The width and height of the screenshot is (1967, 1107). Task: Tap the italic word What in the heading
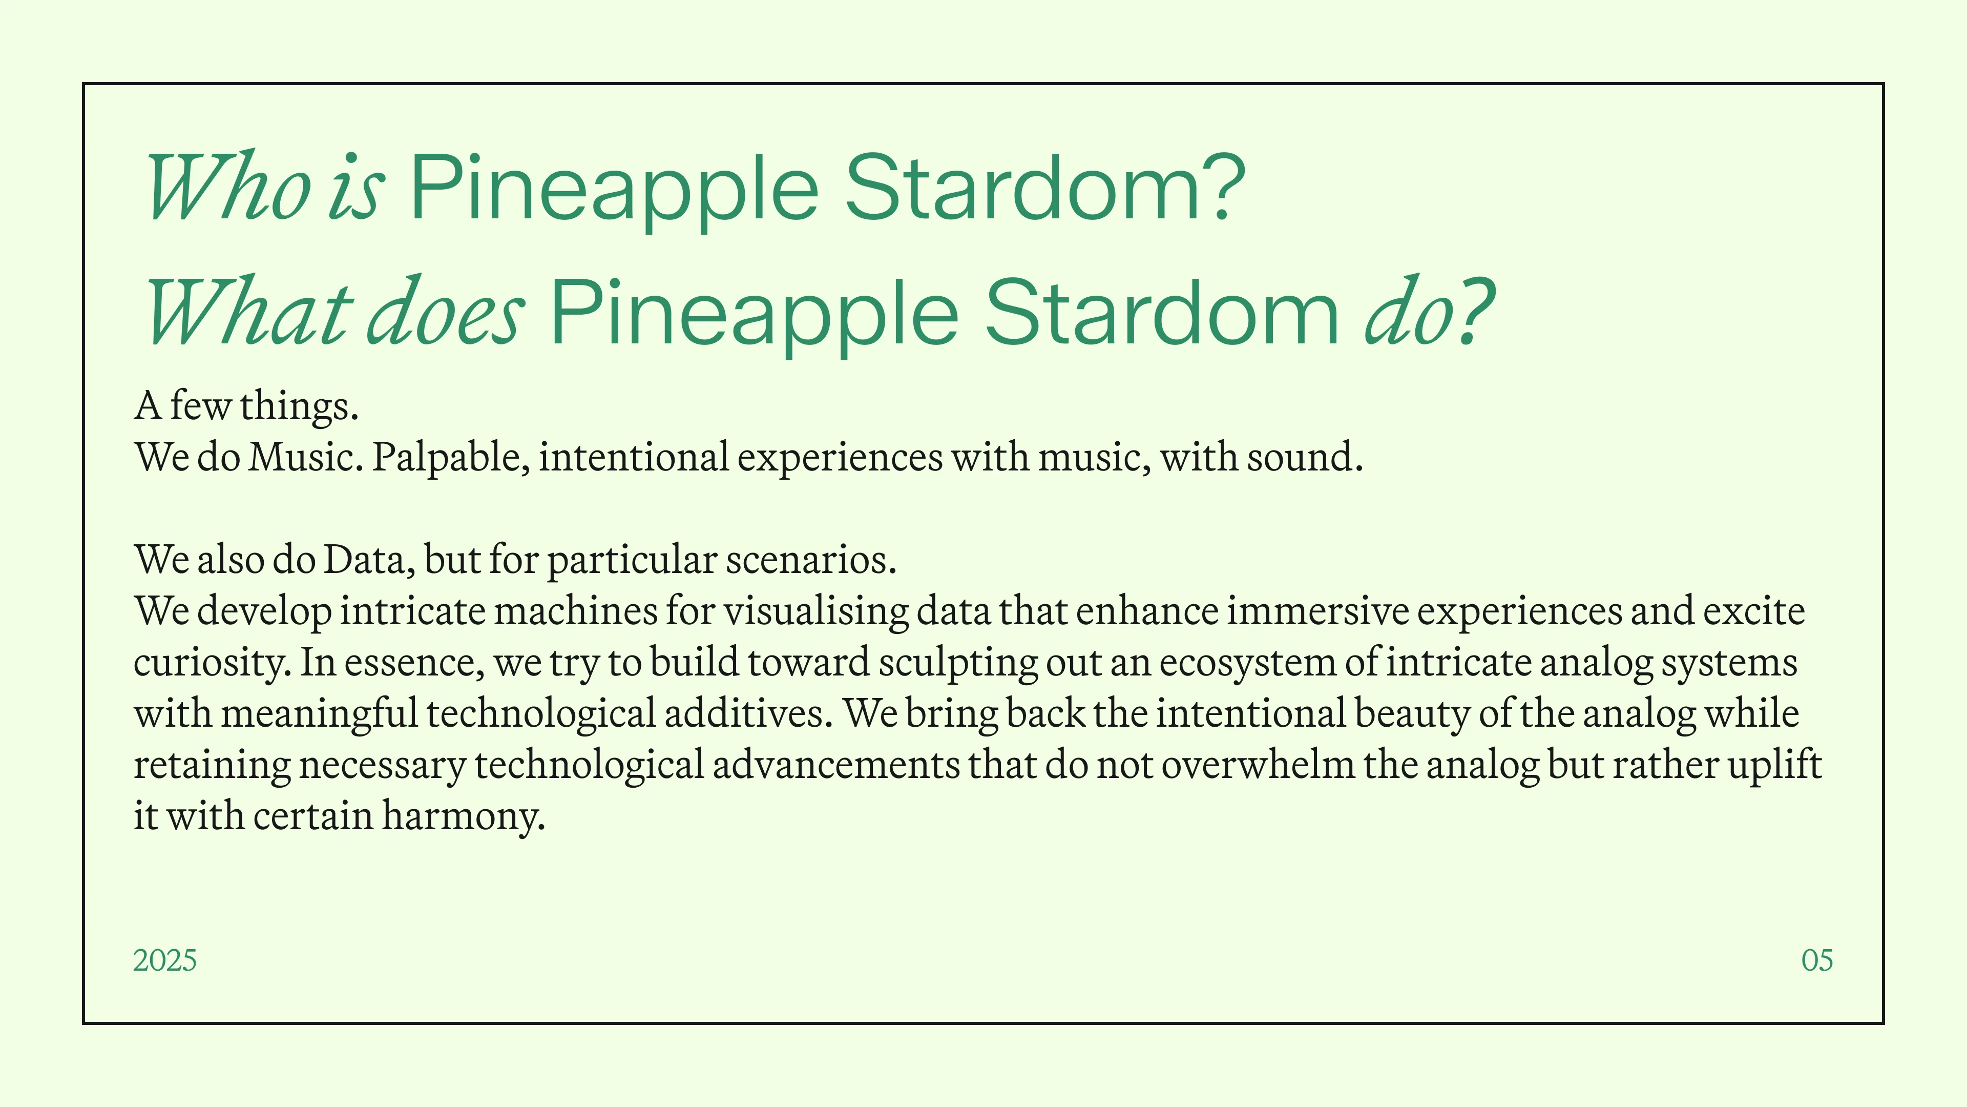(249, 313)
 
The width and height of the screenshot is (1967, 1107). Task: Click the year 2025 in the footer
(165, 960)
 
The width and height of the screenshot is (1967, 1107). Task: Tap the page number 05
(1817, 960)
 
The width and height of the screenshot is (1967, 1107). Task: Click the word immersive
(1318, 612)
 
